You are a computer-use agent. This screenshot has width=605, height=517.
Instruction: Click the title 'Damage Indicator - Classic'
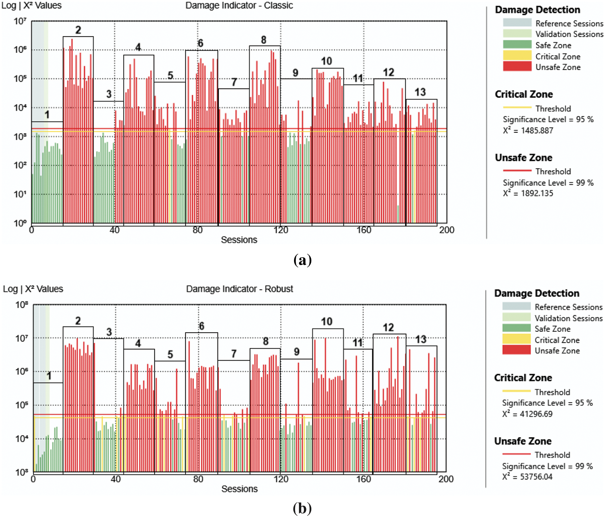point(239,6)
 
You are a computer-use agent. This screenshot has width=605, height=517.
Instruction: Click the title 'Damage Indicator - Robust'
point(240,289)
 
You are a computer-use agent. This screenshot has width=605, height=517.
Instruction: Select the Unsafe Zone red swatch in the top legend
point(517,67)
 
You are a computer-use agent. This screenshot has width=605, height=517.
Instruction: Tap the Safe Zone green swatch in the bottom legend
point(516,328)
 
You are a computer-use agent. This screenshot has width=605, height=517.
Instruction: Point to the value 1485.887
point(537,131)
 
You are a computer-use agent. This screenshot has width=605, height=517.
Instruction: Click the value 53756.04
point(536,477)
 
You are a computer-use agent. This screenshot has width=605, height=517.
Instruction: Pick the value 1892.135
point(537,194)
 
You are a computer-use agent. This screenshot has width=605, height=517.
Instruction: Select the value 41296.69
point(536,414)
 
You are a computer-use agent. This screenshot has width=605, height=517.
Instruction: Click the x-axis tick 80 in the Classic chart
point(197,230)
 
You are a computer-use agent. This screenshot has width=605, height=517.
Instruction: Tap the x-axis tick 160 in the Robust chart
point(363,479)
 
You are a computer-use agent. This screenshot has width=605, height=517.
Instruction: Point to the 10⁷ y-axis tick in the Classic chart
point(20,22)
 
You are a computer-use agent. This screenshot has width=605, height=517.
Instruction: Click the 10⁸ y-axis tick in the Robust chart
point(22,305)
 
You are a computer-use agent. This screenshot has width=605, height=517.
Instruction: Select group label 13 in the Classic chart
point(420,92)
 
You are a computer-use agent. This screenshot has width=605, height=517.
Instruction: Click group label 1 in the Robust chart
point(49,376)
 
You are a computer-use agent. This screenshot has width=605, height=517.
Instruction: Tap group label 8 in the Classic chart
point(264,40)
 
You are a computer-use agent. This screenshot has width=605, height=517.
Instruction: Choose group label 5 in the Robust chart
point(170,355)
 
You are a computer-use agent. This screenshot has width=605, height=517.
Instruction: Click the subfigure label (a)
point(302,260)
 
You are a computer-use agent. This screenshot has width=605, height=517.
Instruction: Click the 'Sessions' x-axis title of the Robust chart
point(240,489)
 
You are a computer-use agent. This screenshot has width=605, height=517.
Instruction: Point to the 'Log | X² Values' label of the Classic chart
point(31,6)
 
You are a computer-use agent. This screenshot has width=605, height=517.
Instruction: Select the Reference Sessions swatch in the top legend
point(517,23)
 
